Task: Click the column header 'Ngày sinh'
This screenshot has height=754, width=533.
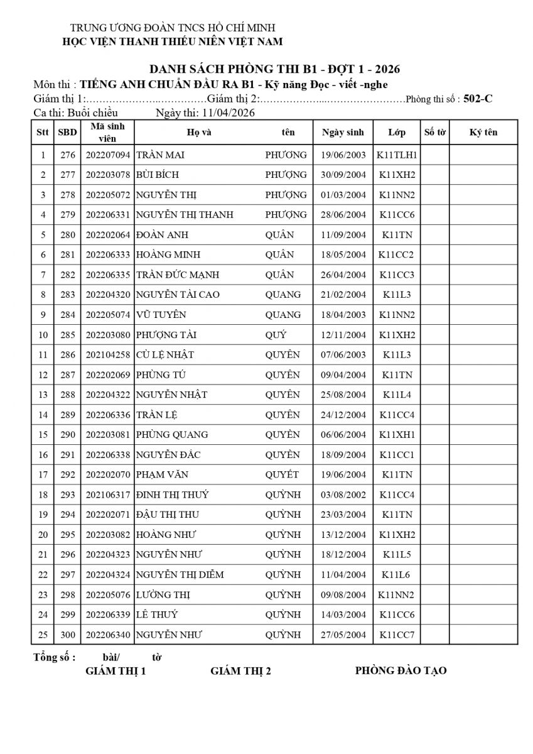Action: tap(343, 133)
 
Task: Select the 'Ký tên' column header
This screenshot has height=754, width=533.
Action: tap(483, 133)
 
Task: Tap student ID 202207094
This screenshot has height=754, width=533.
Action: tap(107, 155)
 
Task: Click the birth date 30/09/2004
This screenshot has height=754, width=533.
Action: tap(343, 175)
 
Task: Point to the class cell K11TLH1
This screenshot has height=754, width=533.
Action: tap(397, 155)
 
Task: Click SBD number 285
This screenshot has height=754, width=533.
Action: tap(68, 335)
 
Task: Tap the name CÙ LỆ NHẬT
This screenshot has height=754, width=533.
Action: tap(165, 355)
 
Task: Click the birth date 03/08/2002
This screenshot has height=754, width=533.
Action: tap(343, 494)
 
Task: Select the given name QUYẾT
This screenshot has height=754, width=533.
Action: tap(282, 474)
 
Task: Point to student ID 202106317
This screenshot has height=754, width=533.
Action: tap(107, 494)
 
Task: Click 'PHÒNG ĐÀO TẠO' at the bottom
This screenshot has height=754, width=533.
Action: tap(401, 670)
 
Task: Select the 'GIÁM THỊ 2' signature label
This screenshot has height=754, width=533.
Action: tap(240, 671)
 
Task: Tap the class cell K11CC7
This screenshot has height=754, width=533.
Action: tap(397, 635)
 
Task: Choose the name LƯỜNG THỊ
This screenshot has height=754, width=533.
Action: tap(163, 594)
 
